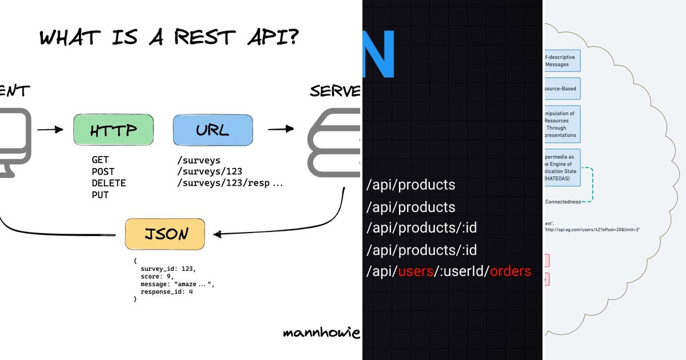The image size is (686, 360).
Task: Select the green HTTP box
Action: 113,130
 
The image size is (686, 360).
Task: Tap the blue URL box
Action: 212,130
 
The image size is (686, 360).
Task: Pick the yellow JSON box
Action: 165,234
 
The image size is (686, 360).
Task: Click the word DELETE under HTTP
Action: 109,183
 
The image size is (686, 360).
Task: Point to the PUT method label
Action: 100,195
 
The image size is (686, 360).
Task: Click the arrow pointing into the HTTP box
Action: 50,130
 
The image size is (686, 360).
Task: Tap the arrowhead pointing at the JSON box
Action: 217,234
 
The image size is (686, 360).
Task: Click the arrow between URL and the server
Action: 281,129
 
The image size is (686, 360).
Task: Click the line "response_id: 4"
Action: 167,291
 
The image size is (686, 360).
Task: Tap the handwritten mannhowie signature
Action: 321,333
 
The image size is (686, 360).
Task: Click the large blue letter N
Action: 378,53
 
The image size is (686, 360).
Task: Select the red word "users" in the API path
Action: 415,271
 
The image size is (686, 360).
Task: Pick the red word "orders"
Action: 510,271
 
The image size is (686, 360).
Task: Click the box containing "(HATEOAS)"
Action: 562,167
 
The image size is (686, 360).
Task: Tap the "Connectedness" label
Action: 563,202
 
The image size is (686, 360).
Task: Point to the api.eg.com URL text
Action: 592,230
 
